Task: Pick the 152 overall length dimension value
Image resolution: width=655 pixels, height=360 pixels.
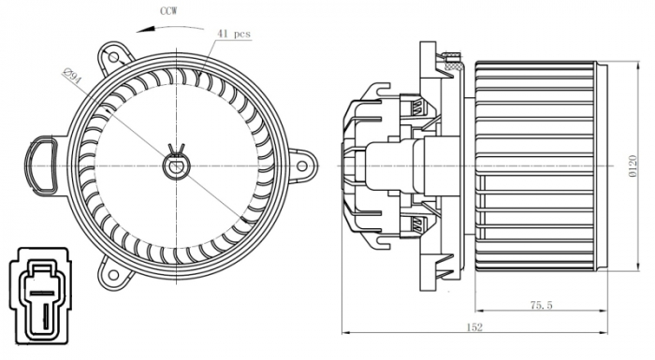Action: pyautogui.click(x=476, y=326)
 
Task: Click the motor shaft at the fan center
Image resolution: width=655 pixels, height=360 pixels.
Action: pyautogui.click(x=175, y=166)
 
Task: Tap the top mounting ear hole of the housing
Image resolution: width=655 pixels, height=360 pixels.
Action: pyautogui.click(x=117, y=50)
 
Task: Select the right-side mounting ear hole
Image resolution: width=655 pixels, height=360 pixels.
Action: pyautogui.click(x=302, y=166)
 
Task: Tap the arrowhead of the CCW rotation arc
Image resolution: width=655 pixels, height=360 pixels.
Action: pyautogui.click(x=141, y=28)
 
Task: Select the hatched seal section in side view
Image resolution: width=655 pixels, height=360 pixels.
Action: pyautogui.click(x=455, y=66)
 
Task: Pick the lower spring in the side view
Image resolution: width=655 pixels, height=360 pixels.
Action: pyautogui.click(x=418, y=224)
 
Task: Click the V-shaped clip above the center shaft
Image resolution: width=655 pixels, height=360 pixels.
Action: pyautogui.click(x=175, y=149)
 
